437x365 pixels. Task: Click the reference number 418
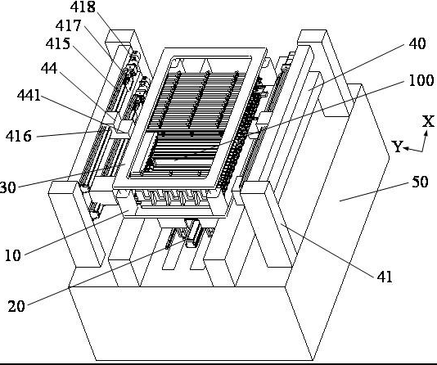(x=83, y=7)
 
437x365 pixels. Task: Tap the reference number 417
(x=68, y=25)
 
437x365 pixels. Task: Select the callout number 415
(x=58, y=43)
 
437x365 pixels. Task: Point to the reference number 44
(x=49, y=68)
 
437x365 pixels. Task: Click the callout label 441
(x=29, y=95)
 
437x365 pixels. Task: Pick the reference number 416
(x=19, y=137)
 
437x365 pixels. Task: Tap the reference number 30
(x=8, y=187)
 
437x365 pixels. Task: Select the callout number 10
(x=13, y=255)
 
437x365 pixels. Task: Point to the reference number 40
(x=417, y=43)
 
